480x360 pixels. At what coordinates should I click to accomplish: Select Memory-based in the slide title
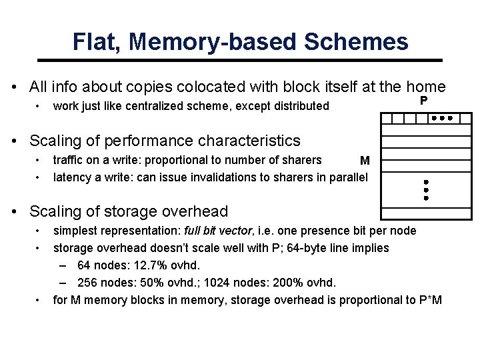(213, 42)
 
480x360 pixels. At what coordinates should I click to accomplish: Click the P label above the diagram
(423, 101)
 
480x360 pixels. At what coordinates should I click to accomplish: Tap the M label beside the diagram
(365, 161)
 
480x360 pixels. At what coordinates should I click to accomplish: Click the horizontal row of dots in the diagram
(441, 118)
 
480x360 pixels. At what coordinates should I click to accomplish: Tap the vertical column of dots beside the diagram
(425, 190)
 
